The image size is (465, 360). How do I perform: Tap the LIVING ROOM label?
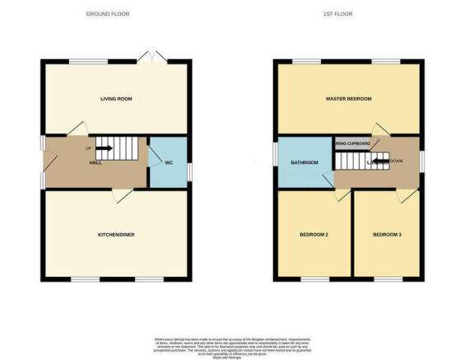(x=116, y=99)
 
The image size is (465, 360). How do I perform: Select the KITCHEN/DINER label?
(x=116, y=235)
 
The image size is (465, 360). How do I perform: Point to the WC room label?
(x=168, y=163)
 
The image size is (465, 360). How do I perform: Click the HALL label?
(x=95, y=163)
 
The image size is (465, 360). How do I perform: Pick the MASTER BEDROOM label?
(x=349, y=99)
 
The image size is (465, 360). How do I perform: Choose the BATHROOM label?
(x=304, y=162)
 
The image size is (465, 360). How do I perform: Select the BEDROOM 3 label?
(x=387, y=236)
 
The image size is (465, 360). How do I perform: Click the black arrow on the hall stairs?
(x=105, y=148)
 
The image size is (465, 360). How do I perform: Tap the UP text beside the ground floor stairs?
(x=88, y=148)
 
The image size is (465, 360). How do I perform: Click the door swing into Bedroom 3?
(x=405, y=195)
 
